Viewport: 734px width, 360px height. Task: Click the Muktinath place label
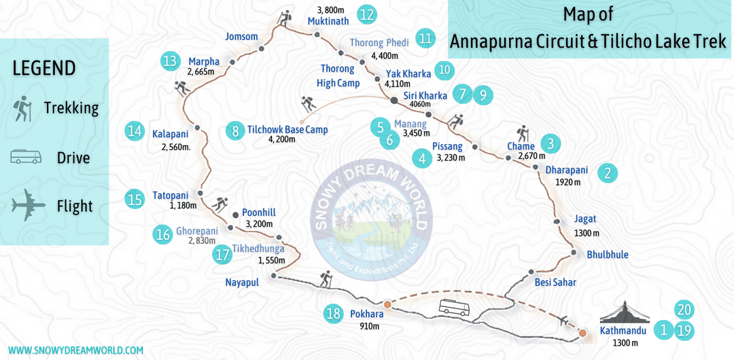tap(328, 21)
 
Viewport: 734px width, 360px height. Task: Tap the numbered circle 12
tap(367, 14)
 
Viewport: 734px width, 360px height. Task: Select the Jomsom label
tap(242, 37)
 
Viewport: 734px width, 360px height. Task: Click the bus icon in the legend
tap(27, 158)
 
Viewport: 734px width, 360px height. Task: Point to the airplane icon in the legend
tap(28, 204)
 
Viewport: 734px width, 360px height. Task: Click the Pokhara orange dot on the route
tap(387, 304)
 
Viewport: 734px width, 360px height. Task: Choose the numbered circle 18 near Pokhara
tap(333, 314)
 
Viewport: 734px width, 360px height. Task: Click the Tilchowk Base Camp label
tap(287, 129)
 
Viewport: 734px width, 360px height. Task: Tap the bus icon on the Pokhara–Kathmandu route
tap(454, 307)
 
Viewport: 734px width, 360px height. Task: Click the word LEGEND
tap(44, 68)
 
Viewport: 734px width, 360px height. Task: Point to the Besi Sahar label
tap(555, 282)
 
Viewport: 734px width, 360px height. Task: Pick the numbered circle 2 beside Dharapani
tap(607, 173)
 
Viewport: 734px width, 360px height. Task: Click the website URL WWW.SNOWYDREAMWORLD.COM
tap(75, 350)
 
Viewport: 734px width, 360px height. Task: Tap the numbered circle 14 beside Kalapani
tap(135, 131)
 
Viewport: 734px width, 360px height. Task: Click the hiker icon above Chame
tap(523, 133)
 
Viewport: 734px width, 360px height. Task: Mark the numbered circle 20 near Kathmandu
tap(684, 310)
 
